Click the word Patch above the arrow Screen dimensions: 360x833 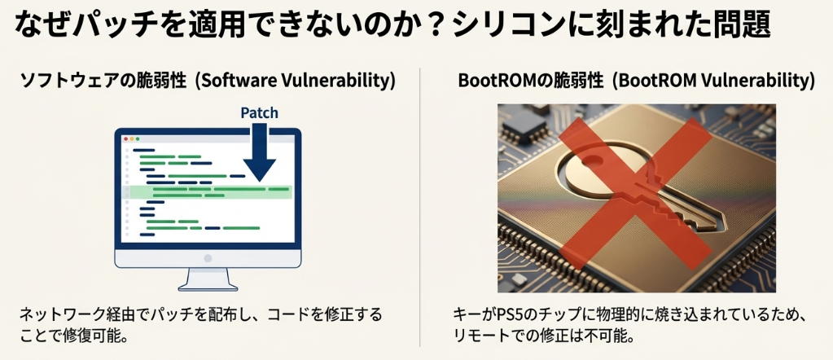click(260, 113)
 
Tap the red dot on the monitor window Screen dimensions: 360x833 click(126, 139)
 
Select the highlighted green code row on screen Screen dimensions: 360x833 click(210, 192)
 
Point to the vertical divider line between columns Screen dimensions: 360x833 click(419, 204)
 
